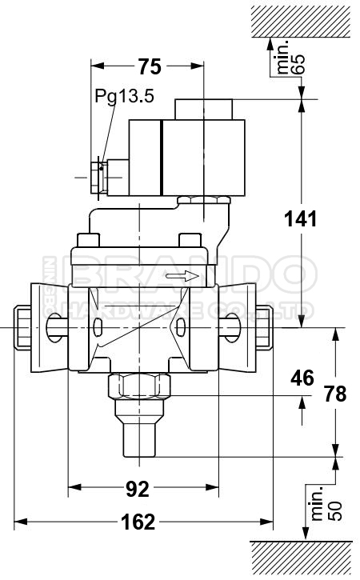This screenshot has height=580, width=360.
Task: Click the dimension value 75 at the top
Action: click(x=149, y=67)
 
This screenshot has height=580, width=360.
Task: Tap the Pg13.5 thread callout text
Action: click(x=124, y=97)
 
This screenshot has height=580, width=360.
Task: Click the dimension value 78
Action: click(x=337, y=394)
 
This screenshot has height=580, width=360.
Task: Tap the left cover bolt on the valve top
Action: click(x=89, y=240)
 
